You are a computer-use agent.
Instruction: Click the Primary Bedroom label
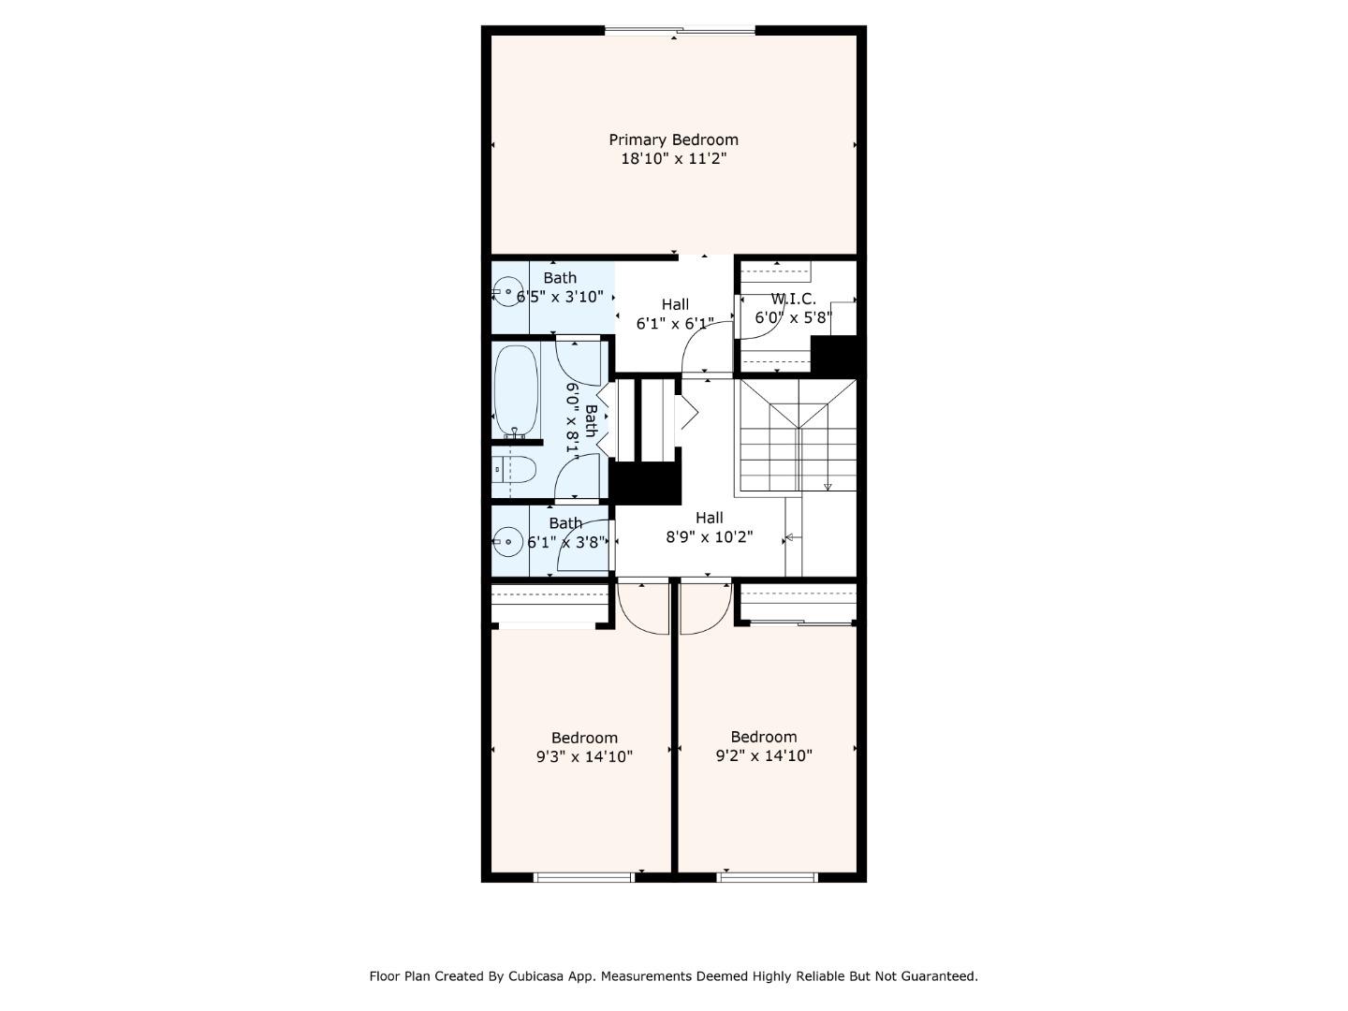(x=673, y=139)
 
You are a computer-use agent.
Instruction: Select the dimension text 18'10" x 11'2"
(x=673, y=159)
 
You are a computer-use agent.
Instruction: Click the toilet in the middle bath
(x=517, y=469)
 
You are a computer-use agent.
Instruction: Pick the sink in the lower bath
(x=508, y=541)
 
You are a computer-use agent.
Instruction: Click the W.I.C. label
(x=793, y=299)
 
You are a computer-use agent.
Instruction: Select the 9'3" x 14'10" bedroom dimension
(x=584, y=756)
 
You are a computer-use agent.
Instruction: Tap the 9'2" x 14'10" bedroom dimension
(x=764, y=755)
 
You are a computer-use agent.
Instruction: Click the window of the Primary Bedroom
(x=680, y=31)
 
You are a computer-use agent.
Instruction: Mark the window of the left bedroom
(x=584, y=877)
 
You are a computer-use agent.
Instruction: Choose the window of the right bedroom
(x=768, y=877)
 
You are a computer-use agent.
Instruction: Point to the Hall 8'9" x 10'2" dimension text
(x=709, y=537)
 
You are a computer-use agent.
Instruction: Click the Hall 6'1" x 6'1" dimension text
(x=674, y=324)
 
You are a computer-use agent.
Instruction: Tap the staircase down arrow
(x=828, y=485)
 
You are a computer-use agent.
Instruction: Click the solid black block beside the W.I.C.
(x=835, y=356)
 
